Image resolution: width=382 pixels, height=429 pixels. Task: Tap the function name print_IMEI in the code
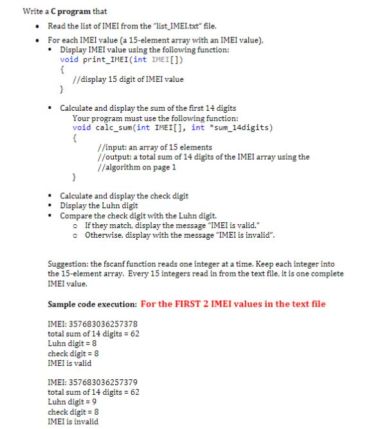pyautogui.click(x=104, y=59)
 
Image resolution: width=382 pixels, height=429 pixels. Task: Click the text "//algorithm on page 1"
pyautogui.click(x=136, y=167)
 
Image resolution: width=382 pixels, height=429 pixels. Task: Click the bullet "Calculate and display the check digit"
pyautogui.click(x=123, y=196)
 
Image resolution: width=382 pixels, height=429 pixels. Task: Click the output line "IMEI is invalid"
pyautogui.click(x=73, y=421)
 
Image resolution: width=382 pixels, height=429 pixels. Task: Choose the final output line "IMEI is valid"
pyautogui.click(x=69, y=363)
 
